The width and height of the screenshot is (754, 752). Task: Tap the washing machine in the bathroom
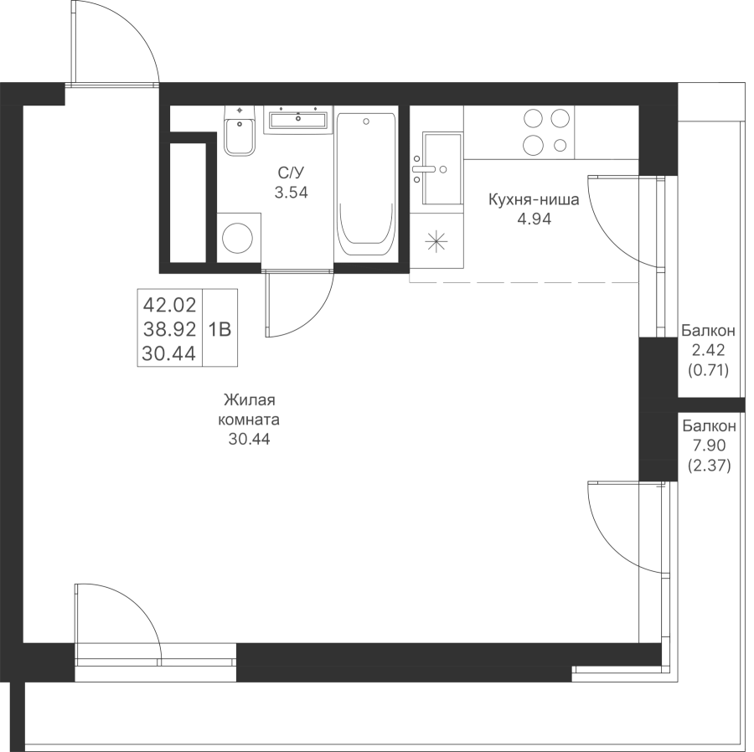(239, 238)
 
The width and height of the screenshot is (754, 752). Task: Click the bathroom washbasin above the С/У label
(297, 120)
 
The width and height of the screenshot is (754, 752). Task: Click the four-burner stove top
(547, 131)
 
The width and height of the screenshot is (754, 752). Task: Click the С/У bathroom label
(292, 173)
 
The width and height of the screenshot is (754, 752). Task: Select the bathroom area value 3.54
(292, 192)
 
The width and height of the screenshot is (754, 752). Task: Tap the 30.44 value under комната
(250, 438)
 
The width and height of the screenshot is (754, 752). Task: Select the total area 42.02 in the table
(170, 303)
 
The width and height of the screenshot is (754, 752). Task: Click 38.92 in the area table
(170, 328)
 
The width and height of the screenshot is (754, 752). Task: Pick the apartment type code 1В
(220, 328)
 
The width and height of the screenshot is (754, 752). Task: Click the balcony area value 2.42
(709, 349)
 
